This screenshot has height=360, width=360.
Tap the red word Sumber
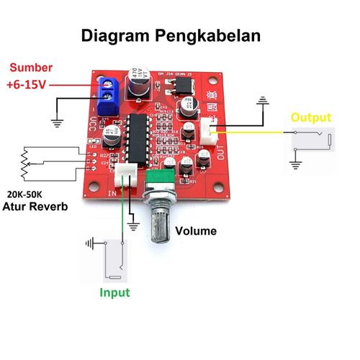click(x=30, y=68)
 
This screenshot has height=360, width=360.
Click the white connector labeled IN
click(x=127, y=175)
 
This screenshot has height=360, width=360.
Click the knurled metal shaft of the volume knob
click(x=159, y=219)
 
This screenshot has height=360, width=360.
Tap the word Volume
click(x=197, y=232)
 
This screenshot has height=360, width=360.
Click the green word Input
click(x=115, y=292)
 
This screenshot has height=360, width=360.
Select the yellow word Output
click(x=310, y=117)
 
